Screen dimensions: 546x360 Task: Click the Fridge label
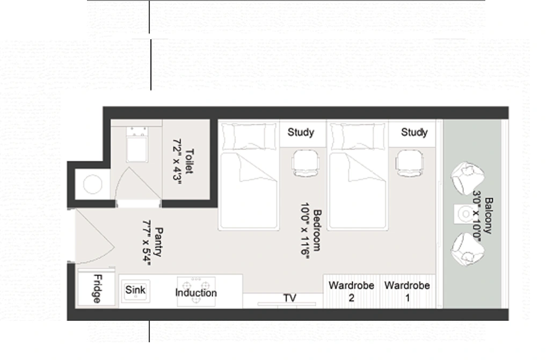pos(97,289)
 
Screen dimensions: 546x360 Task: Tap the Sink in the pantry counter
pos(135,291)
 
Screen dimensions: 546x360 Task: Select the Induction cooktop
pos(196,292)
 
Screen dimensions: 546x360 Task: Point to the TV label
pos(290,298)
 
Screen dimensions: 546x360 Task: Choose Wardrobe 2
pos(351,291)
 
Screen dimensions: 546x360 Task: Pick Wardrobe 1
pos(407,291)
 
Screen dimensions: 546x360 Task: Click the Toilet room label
pos(189,161)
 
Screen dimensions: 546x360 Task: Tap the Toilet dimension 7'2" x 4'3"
pos(178,160)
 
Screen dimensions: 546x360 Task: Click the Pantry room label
pos(158,242)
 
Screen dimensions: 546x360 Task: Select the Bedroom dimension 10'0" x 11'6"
pos(305,231)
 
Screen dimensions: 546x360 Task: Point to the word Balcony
pos(489,215)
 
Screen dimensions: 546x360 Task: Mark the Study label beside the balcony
pos(414,132)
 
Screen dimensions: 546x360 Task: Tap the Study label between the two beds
pos(301,132)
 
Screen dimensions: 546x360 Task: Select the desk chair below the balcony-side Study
pos(410,163)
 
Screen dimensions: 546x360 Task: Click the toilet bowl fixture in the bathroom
pos(137,145)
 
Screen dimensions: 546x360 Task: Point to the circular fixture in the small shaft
pos(93,184)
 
